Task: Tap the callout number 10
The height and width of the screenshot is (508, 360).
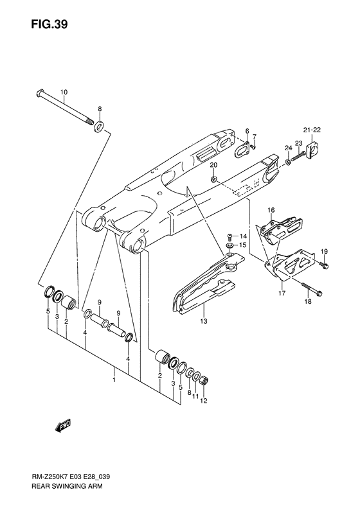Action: coord(64,91)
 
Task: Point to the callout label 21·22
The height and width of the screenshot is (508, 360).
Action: coord(312,130)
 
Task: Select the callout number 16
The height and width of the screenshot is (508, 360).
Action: coord(271,210)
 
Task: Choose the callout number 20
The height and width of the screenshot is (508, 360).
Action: coord(213,166)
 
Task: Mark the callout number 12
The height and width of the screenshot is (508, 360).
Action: coord(204,402)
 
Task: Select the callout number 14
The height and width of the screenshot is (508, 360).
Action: coord(244,236)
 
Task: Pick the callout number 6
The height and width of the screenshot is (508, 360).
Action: coord(246,131)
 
